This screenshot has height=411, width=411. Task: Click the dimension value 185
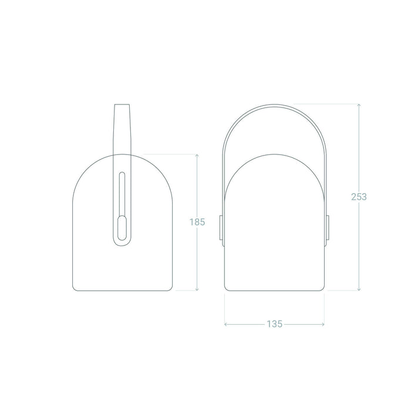coord(197,222)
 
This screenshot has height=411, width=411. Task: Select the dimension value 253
coord(358,197)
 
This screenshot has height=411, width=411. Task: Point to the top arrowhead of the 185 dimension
coord(197,156)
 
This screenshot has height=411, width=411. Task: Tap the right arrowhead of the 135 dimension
coord(324,324)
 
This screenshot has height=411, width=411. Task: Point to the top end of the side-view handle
coord(122,106)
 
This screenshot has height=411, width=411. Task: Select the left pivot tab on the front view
coord(222,229)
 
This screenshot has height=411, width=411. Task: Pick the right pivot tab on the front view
coord(328,229)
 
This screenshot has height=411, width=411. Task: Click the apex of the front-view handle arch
coord(275,105)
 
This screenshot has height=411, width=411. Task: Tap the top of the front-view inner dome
coord(275,154)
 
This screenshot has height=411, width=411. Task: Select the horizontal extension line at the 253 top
coord(326,104)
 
